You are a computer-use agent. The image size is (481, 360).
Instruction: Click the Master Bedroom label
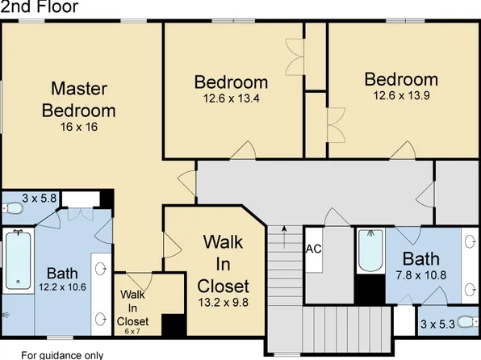[79, 99]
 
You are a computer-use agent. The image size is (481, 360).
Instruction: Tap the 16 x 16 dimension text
[79, 127]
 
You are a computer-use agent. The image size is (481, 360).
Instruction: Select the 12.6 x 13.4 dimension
[232, 98]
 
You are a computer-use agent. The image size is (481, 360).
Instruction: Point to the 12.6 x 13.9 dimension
[401, 95]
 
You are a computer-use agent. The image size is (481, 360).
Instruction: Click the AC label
[313, 249]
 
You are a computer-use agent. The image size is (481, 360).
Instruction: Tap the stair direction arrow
[284, 237]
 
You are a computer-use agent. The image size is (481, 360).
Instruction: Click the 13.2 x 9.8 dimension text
[223, 303]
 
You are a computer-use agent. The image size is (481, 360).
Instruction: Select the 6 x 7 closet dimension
[132, 332]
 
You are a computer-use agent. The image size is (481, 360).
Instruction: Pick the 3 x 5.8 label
[40, 199]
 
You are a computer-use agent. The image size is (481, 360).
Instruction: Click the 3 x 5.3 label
[437, 324]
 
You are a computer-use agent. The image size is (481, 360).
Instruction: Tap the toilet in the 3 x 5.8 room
[13, 209]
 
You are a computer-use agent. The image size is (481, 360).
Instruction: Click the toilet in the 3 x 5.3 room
[467, 322]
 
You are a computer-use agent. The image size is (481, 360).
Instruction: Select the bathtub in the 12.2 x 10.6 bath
[18, 261]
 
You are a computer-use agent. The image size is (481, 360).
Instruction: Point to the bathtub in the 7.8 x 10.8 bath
[371, 250]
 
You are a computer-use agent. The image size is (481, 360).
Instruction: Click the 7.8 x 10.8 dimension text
[421, 275]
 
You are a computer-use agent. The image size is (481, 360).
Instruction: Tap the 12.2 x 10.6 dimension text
[62, 287]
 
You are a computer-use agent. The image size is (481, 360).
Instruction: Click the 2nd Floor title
[40, 6]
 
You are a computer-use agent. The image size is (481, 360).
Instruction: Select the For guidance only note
[62, 355]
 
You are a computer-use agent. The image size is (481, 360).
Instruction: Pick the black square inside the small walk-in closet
[174, 324]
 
